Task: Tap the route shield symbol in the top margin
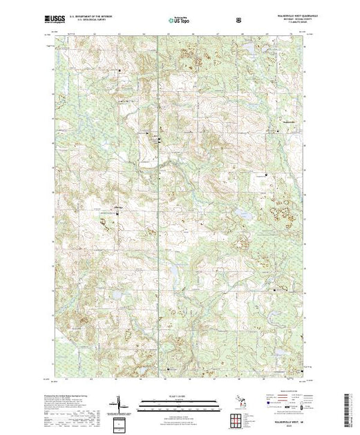(x=239, y=21)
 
